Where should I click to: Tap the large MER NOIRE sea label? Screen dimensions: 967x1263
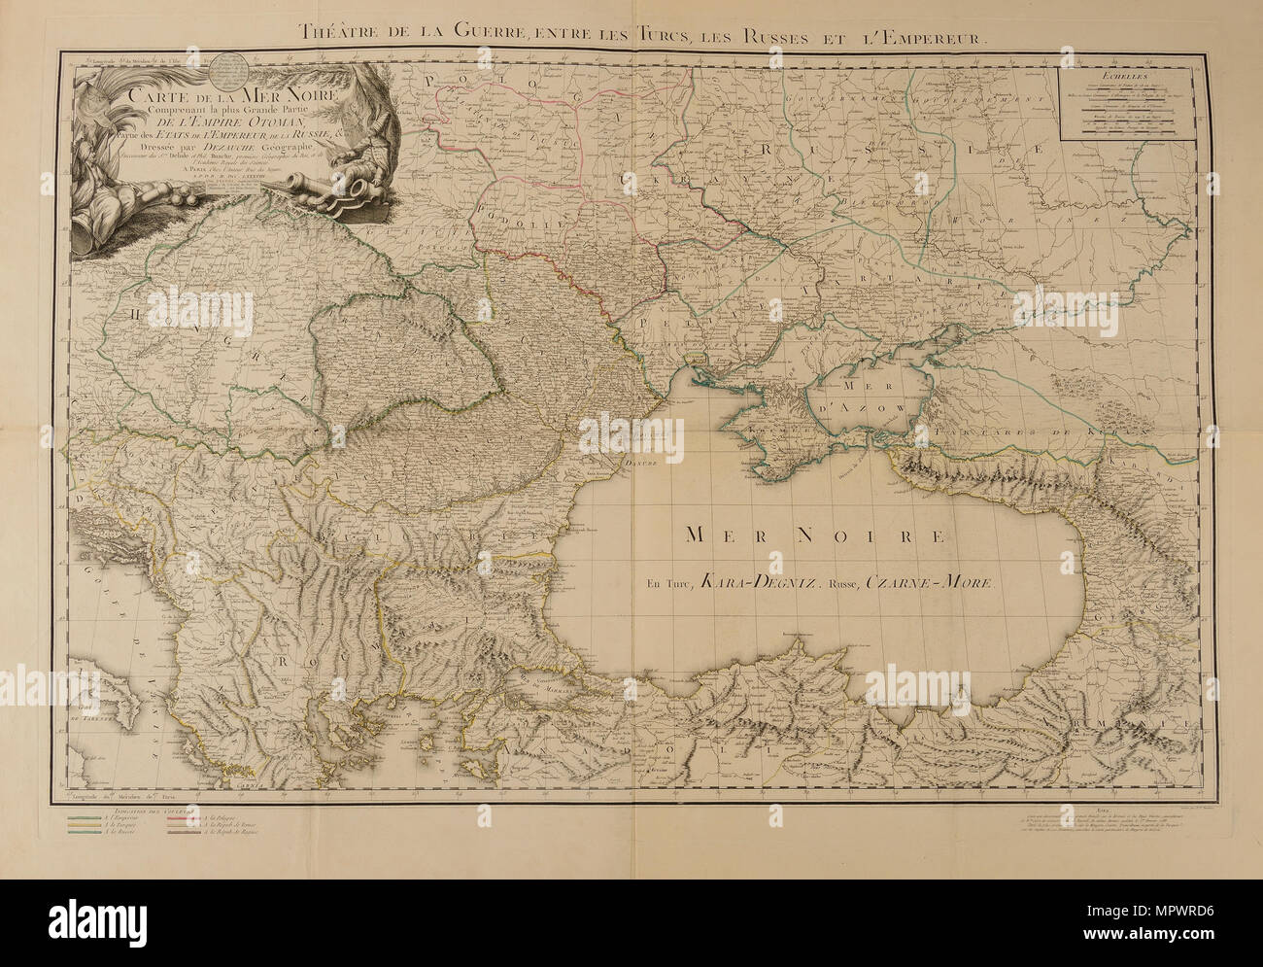[x=814, y=535]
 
